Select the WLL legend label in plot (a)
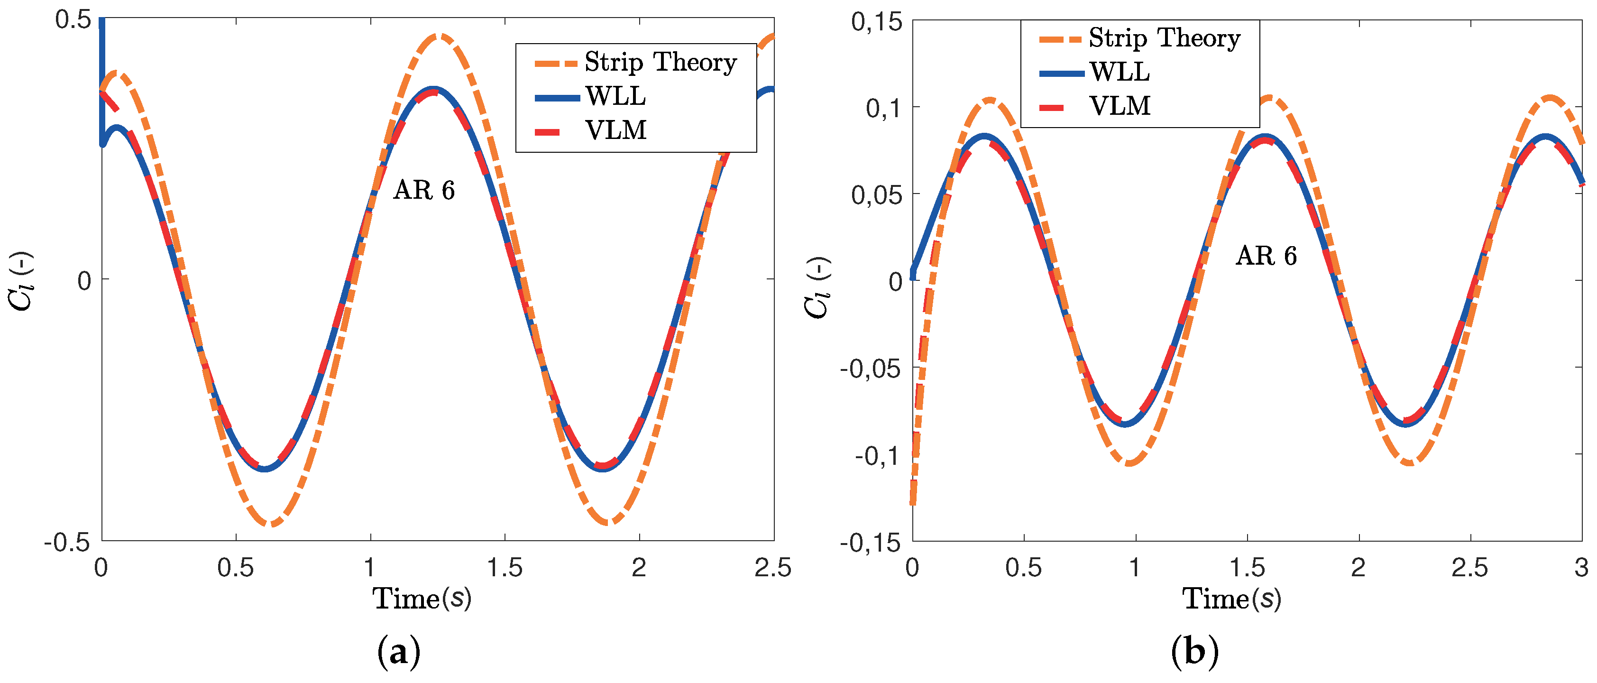[x=615, y=96]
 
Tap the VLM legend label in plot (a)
[x=615, y=130]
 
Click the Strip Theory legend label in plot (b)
[x=1164, y=38]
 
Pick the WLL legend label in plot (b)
[x=1120, y=73]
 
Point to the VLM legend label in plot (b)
[x=1120, y=106]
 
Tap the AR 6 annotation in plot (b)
[x=1266, y=256]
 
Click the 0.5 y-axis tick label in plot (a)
[x=73, y=19]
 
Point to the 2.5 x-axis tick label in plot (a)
[x=773, y=568]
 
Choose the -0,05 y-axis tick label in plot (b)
[x=871, y=369]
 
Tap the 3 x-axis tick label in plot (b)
[x=1581, y=568]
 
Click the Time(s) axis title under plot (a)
[x=422, y=599]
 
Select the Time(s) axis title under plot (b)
[x=1232, y=599]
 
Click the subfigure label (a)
[x=399, y=653]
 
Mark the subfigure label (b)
[x=1194, y=653]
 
